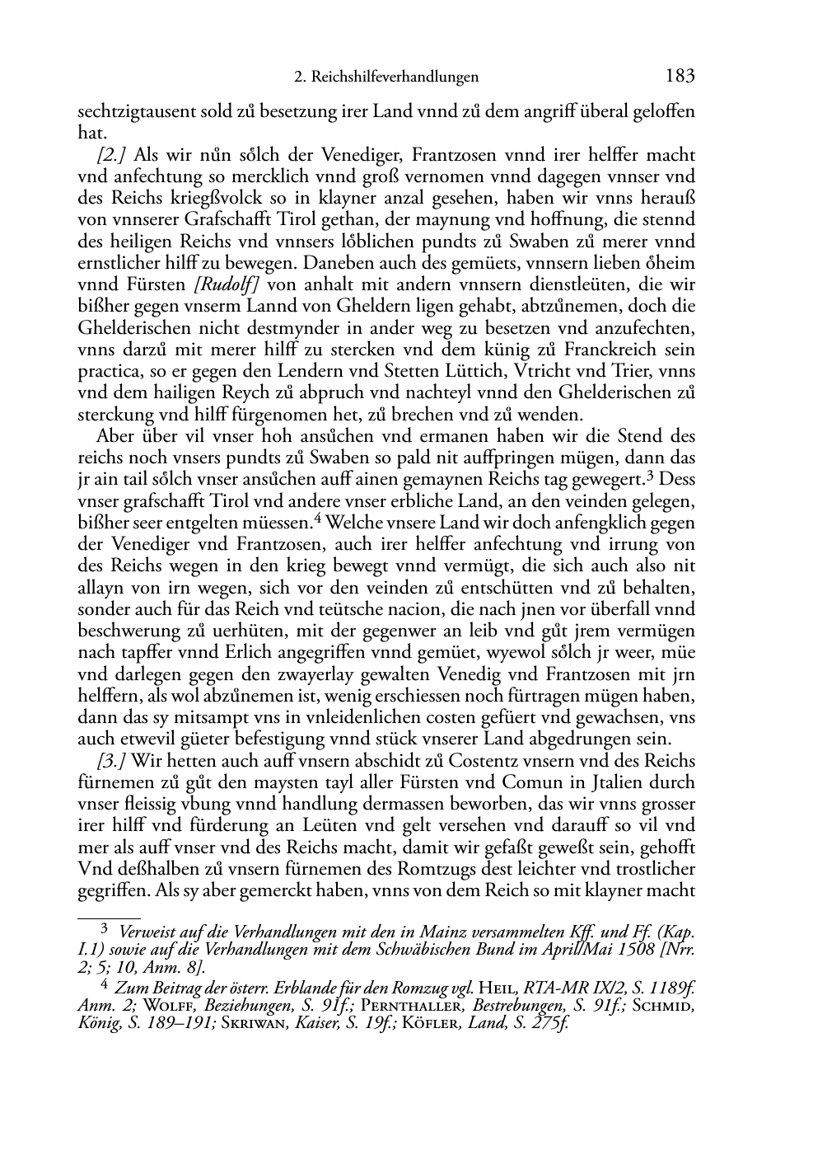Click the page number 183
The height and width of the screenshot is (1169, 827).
(680, 77)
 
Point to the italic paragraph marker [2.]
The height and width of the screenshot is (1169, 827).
(113, 155)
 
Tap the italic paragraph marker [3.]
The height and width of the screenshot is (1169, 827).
(113, 760)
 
